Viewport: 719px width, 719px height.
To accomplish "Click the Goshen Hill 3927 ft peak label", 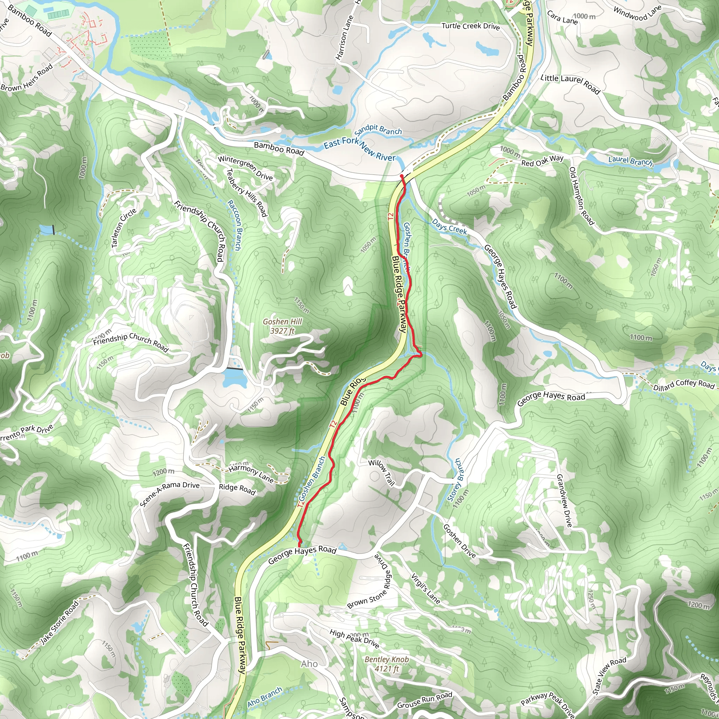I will tap(282, 326).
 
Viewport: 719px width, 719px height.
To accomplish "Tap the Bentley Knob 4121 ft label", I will tap(387, 664).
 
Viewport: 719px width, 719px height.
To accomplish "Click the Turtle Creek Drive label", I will tap(470, 26).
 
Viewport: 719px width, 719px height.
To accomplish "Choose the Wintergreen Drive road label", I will tap(245, 168).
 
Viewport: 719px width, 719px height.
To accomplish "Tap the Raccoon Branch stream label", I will tap(234, 225).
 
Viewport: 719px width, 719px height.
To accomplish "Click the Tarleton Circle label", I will tap(124, 228).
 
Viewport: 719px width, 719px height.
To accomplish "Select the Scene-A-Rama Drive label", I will tap(170, 494).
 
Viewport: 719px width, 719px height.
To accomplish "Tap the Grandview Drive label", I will tap(564, 500).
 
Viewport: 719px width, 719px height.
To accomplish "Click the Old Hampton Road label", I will tap(581, 196).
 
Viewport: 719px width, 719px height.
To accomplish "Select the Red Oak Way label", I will tap(542, 161).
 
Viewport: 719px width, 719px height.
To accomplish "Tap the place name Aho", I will tap(309, 664).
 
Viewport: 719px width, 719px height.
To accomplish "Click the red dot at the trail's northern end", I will tap(402, 176).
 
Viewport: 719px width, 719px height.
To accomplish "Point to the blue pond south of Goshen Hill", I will tap(235, 380).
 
